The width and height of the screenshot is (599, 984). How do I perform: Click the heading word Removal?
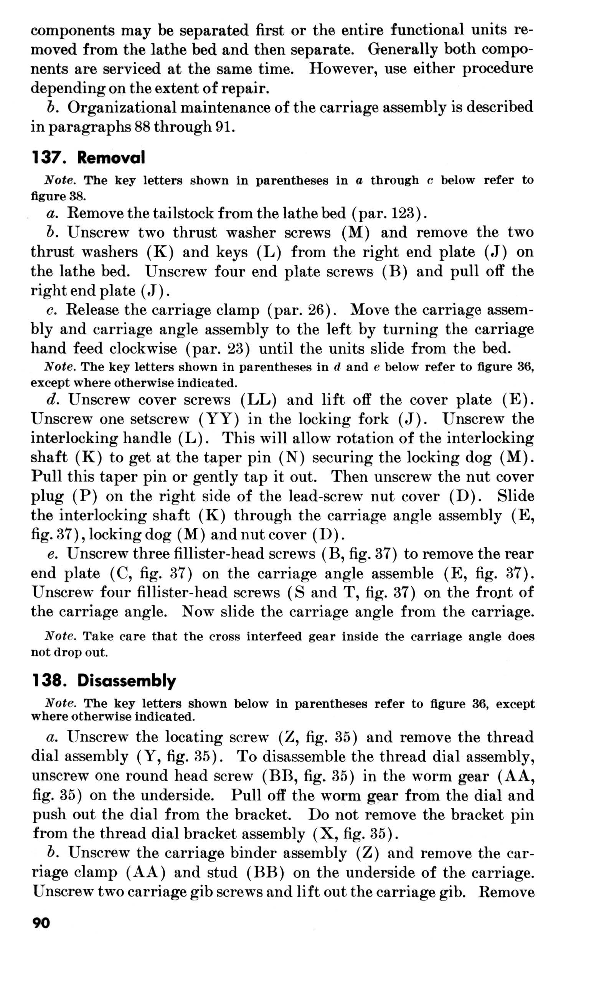(111, 158)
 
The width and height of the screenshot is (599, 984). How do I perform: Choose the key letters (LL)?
(258, 400)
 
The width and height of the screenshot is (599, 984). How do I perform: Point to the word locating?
(193, 737)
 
